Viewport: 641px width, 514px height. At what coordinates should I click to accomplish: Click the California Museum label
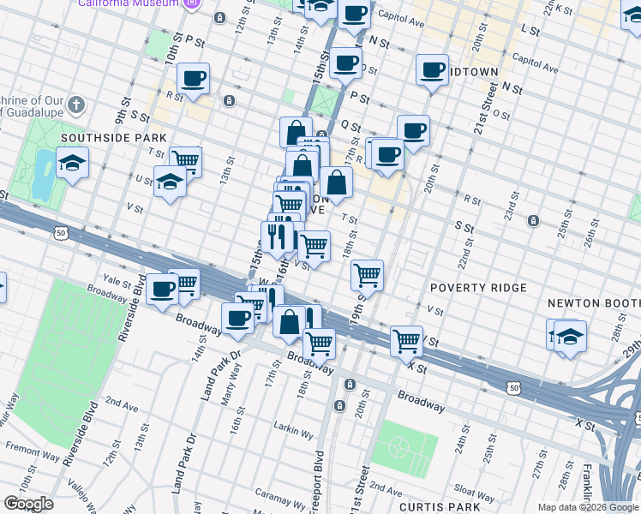point(129,3)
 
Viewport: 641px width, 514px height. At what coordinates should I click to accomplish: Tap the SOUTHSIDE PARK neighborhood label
point(100,137)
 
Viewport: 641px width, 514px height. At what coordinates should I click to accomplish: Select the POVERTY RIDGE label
point(478,288)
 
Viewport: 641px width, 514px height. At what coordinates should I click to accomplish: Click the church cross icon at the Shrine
point(76,106)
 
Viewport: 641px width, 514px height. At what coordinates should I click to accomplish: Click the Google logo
point(28,504)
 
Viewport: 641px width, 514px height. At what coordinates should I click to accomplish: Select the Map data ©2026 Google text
point(588,507)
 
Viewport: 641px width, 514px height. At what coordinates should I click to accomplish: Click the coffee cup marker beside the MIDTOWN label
point(432,70)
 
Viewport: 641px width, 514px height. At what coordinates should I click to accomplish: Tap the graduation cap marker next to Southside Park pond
point(73,162)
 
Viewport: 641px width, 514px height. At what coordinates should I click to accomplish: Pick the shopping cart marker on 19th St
point(367,274)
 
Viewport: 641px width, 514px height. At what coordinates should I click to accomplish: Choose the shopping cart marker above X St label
point(406,339)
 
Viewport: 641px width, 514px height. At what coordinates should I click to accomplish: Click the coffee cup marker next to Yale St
point(161,288)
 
